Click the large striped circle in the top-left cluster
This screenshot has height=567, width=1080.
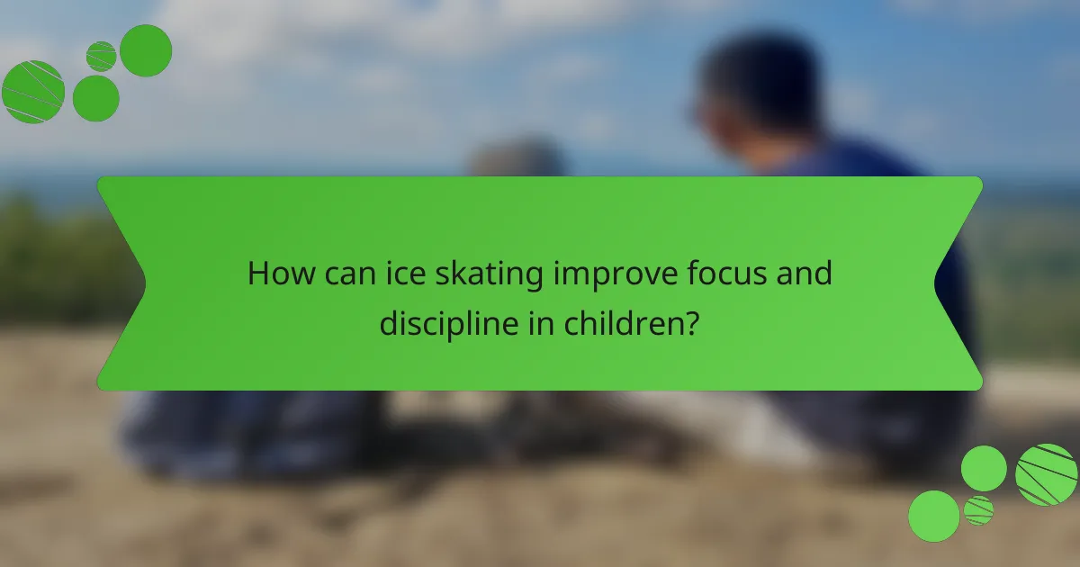33,92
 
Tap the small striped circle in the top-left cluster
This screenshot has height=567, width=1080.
101,56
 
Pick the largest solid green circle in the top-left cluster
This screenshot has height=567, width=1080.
146,50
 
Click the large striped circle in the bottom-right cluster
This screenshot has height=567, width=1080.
1046,474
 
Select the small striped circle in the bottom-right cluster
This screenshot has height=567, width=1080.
978,510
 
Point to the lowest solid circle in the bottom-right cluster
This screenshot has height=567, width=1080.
933,516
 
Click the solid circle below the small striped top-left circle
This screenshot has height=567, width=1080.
95,97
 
